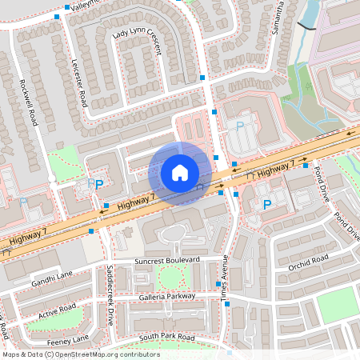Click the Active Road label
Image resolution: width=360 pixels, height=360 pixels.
click(57, 309)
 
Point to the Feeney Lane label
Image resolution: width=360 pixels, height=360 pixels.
click(68, 339)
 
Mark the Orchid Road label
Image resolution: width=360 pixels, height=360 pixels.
click(309, 260)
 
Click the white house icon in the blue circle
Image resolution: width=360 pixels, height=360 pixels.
click(180, 172)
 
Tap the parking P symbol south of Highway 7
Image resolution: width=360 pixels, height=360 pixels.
click(266, 206)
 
